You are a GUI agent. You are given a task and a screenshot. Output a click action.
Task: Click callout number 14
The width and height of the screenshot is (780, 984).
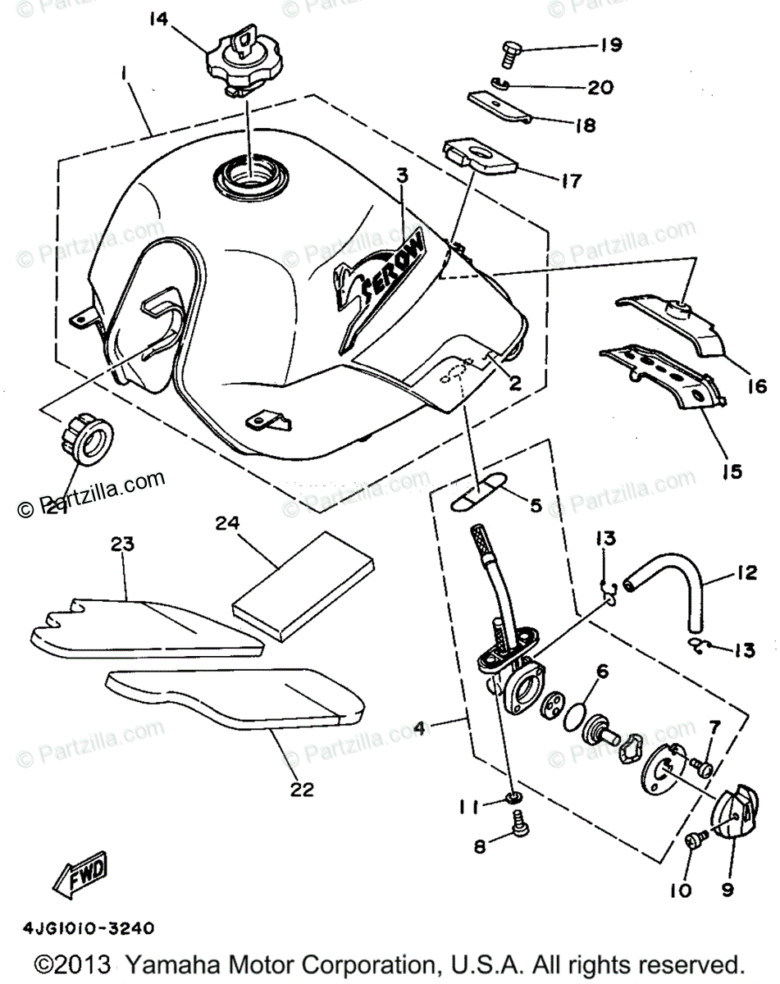(159, 18)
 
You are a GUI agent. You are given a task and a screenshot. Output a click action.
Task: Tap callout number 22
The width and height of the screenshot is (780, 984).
(302, 789)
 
